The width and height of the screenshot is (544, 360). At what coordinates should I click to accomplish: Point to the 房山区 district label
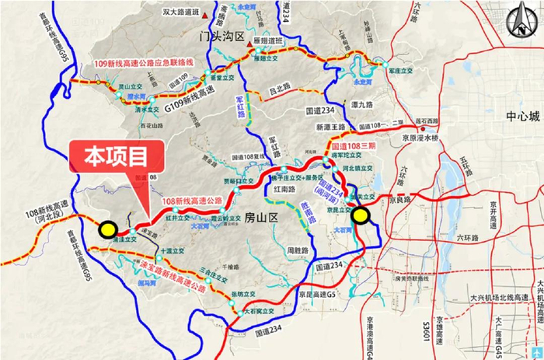pyautogui.click(x=260, y=217)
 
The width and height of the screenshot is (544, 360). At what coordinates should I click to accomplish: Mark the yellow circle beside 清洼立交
pyautogui.click(x=108, y=229)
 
